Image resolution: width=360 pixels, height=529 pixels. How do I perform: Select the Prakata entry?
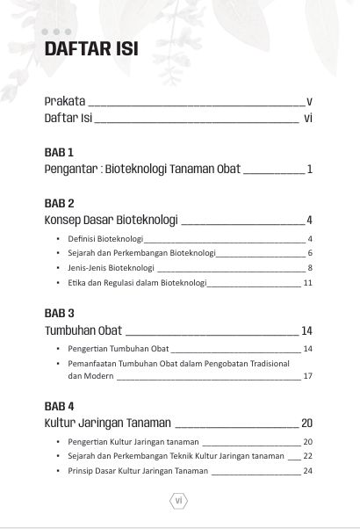click(x=66, y=101)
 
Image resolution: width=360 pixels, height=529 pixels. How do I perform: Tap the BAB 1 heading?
click(x=59, y=151)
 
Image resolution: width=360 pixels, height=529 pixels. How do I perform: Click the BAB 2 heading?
click(x=60, y=202)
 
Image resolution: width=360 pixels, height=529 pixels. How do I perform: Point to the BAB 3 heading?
click(x=60, y=313)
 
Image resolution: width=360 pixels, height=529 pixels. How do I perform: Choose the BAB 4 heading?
click(x=60, y=406)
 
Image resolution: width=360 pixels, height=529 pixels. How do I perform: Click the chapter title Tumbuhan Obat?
click(x=83, y=331)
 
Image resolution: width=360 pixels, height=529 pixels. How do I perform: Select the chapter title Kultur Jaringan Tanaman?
click(x=108, y=424)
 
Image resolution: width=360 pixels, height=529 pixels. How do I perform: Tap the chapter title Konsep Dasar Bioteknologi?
click(x=112, y=220)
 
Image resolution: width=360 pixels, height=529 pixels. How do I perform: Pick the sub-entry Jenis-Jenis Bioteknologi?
click(x=111, y=268)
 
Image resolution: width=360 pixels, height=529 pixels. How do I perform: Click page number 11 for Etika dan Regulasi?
click(x=308, y=283)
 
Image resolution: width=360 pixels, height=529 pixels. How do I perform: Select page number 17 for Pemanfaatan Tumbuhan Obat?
click(x=308, y=376)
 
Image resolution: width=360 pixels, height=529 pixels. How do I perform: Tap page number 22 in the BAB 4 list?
click(x=308, y=456)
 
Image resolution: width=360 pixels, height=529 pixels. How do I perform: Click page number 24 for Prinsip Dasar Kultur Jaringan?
click(x=308, y=471)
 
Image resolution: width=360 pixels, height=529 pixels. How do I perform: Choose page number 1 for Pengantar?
click(x=311, y=169)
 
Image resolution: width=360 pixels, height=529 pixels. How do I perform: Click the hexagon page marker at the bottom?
click(x=178, y=501)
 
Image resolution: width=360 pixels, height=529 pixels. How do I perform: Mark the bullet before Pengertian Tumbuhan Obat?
click(x=57, y=349)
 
